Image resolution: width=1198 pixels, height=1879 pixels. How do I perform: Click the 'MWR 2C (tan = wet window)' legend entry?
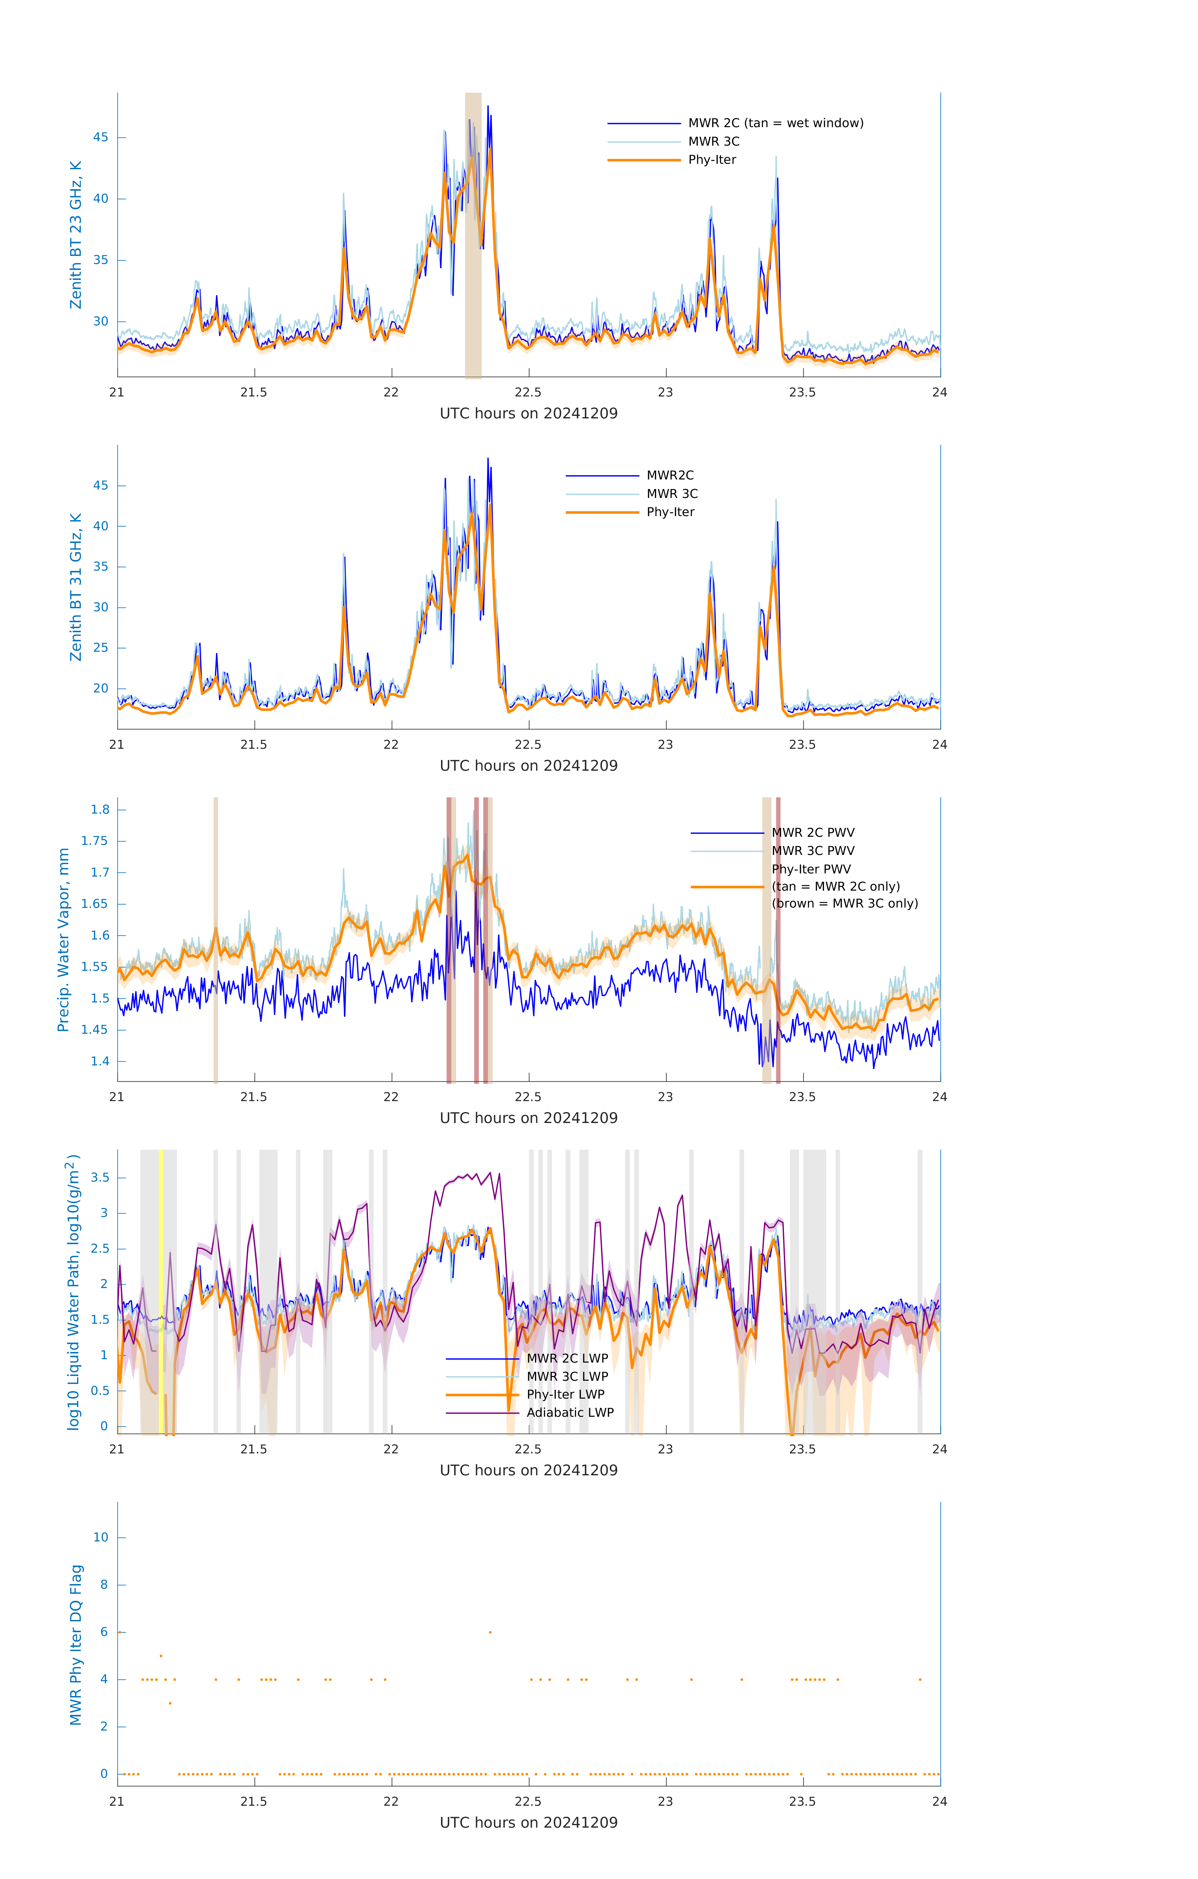[x=775, y=123]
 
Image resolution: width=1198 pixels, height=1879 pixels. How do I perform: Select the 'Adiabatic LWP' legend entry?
[x=570, y=1412]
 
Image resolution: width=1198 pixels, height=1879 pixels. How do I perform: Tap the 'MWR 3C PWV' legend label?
[x=812, y=851]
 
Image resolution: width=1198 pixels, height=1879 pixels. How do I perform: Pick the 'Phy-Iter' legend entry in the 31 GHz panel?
[x=670, y=512]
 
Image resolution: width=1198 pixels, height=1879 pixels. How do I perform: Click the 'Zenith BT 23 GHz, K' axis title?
[x=76, y=235]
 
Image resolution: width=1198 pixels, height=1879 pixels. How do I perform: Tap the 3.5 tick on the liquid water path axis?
[x=99, y=1178]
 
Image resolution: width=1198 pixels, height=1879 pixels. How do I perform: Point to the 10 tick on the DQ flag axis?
[x=101, y=1537]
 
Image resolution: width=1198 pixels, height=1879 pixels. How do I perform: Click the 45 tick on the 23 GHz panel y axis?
[x=101, y=137]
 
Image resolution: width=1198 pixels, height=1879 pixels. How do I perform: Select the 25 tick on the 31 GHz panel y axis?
[x=101, y=648]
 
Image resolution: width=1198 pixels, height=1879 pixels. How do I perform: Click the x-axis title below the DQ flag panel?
[x=528, y=1823]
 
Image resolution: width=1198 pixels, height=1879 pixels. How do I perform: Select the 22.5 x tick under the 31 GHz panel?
[x=527, y=744]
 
